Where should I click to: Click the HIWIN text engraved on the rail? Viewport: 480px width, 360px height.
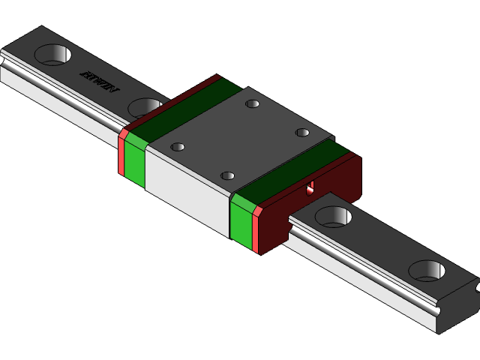coord(99,83)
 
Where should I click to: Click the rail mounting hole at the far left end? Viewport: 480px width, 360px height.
coord(52,54)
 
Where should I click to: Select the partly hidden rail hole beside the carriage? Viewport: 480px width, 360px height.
coord(145,107)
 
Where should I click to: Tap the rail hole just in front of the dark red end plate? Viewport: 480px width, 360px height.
coord(333,217)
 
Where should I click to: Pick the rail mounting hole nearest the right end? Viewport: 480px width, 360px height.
coord(428,270)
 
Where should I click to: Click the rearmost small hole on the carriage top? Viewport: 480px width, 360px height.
coord(253,103)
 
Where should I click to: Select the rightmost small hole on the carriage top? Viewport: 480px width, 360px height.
coord(302,133)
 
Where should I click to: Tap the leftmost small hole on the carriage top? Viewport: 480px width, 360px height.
coord(178,147)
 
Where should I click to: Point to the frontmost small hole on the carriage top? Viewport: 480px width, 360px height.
coord(227,176)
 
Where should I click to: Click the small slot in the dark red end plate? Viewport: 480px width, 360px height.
coord(311,187)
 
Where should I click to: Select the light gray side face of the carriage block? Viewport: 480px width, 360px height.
coord(187,191)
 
